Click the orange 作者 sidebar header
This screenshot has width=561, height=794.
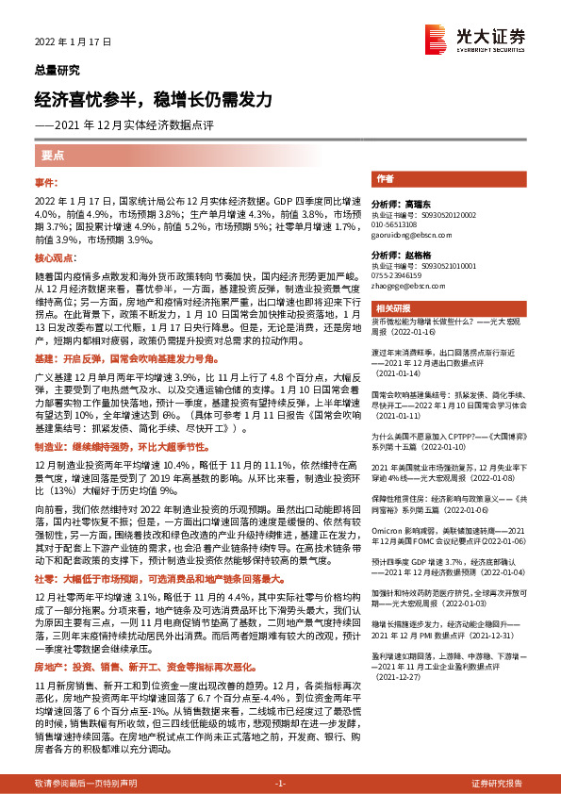pos(385,178)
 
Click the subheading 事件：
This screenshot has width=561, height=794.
pos(47,180)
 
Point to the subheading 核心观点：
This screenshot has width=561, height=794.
pos(53,257)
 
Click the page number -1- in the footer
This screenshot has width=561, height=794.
pos(280,784)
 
